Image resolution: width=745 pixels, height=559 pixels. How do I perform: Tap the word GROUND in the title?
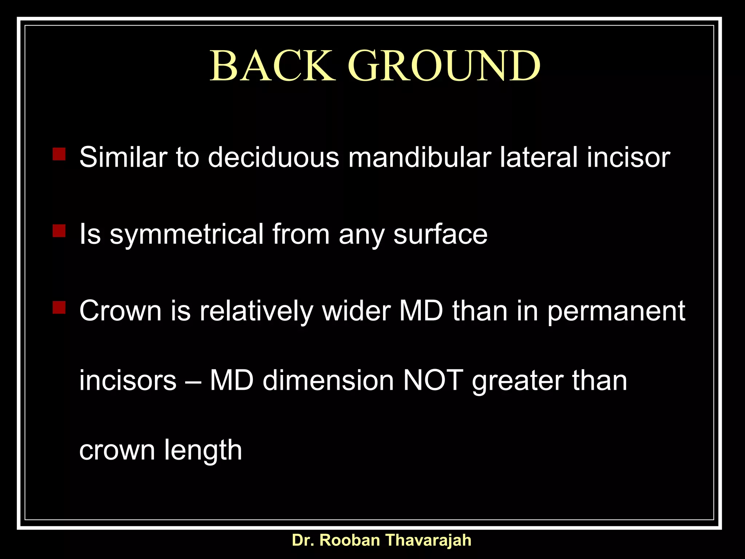click(444, 66)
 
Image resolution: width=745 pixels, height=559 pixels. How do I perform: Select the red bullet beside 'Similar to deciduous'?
click(59, 154)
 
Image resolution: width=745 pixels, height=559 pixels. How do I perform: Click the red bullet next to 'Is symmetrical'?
click(59, 231)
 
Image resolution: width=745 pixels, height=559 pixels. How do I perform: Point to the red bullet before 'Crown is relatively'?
click(59, 308)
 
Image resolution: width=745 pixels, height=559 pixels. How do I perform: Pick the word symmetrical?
click(187, 235)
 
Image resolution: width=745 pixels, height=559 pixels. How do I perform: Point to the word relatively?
click(256, 311)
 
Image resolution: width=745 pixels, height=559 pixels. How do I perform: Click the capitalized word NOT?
click(433, 380)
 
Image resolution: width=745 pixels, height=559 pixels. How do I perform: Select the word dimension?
click(328, 380)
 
